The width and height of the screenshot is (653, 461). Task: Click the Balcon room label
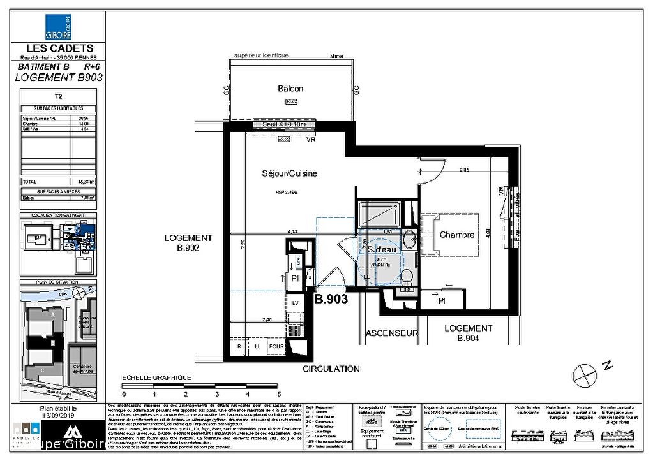[290, 89]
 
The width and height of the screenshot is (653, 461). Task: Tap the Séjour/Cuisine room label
[289, 173]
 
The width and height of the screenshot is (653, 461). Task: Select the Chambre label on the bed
[457, 235]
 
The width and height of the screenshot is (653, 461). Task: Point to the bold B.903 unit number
[332, 298]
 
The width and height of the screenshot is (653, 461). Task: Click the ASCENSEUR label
[391, 333]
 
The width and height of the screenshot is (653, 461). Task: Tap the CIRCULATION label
[331, 369]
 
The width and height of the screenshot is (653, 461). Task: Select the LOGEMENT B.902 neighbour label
[188, 243]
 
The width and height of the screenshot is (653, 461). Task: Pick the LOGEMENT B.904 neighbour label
[469, 333]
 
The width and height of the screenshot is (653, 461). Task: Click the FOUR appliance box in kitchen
[276, 346]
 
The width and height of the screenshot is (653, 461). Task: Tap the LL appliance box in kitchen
[257, 346]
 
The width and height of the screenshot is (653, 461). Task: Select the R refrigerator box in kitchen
[239, 346]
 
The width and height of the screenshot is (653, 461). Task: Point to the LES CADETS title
[59, 48]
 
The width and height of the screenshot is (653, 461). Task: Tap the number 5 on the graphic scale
[278, 394]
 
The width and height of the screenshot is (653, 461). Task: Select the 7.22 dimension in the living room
[243, 243]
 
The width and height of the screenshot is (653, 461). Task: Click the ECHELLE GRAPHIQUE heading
[156, 377]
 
